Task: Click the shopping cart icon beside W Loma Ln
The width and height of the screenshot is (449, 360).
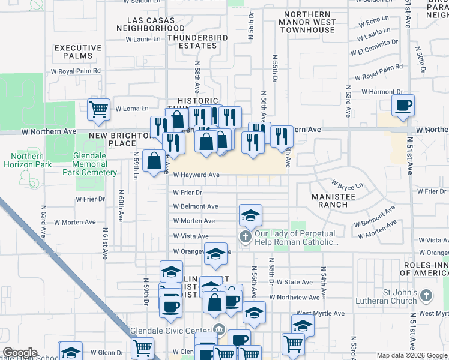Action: click(x=99, y=109)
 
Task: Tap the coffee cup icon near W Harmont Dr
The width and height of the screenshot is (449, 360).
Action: click(x=403, y=106)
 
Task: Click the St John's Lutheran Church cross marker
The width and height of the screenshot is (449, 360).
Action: click(x=426, y=295)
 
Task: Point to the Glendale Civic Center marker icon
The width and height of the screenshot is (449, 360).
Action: click(x=218, y=329)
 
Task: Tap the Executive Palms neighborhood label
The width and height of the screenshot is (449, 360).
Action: click(x=78, y=52)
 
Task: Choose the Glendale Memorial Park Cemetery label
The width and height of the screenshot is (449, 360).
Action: click(x=90, y=168)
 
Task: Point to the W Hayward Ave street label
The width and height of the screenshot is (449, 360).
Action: click(x=196, y=175)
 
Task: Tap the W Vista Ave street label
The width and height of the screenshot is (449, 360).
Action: click(x=191, y=236)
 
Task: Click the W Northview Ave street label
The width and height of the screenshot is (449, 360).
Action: click(x=295, y=297)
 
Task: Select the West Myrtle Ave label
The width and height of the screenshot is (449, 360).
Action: click(x=320, y=313)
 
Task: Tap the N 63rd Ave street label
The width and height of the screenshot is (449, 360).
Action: click(x=44, y=222)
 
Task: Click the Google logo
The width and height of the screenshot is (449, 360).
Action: click(x=19, y=353)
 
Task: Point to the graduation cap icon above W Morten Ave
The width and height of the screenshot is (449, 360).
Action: click(x=251, y=215)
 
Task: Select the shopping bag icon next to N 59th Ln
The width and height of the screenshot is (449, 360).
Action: click(x=154, y=161)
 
